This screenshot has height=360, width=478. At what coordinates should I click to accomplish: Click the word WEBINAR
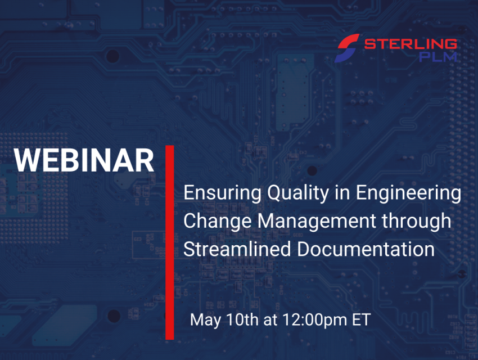pyautogui.click(x=84, y=160)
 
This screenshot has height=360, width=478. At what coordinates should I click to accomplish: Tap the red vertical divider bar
pyautogui.click(x=170, y=242)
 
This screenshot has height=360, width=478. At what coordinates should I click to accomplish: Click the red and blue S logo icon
pyautogui.click(x=347, y=48)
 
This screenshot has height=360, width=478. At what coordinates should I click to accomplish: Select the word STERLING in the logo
pyautogui.click(x=411, y=44)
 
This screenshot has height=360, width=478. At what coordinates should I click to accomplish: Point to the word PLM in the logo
pyautogui.click(x=438, y=57)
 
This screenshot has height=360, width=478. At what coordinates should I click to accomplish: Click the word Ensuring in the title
pyautogui.click(x=222, y=193)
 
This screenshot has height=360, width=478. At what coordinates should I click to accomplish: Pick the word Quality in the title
pyautogui.click(x=298, y=193)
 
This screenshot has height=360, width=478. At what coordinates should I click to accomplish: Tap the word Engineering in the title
pyautogui.click(x=408, y=193)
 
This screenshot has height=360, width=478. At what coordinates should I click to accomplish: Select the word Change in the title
pyautogui.click(x=218, y=221)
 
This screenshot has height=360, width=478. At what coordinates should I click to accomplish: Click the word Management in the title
pyautogui.click(x=317, y=221)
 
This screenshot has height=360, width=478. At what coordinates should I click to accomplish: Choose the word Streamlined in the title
pyautogui.click(x=237, y=249)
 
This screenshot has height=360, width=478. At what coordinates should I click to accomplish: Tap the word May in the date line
pyautogui.click(x=205, y=320)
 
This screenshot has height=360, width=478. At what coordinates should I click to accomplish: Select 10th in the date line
pyautogui.click(x=242, y=319)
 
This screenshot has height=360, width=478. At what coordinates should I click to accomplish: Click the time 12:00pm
pyautogui.click(x=314, y=320)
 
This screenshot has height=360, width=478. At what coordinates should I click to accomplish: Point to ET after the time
pyautogui.click(x=361, y=319)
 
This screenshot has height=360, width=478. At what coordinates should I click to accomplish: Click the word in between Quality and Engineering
pyautogui.click(x=342, y=192)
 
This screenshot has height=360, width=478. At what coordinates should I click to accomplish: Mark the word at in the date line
pyautogui.click(x=270, y=320)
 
